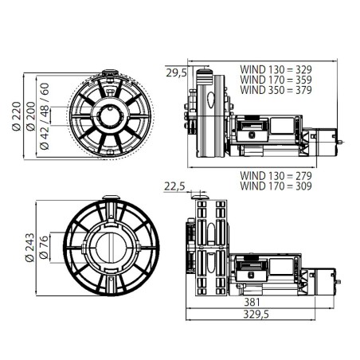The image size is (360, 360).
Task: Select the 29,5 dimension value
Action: tap(176, 72)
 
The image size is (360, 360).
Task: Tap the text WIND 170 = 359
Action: tap(276, 80)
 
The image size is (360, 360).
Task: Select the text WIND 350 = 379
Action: tap(276, 90)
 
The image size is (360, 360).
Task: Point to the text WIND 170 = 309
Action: tap(276, 186)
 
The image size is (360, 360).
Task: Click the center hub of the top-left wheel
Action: tap(109, 115)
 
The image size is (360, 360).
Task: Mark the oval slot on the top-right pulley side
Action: tap(211, 102)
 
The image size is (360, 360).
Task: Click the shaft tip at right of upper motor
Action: tap(342, 143)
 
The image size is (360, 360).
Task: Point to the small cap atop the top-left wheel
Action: tap(109, 72)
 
